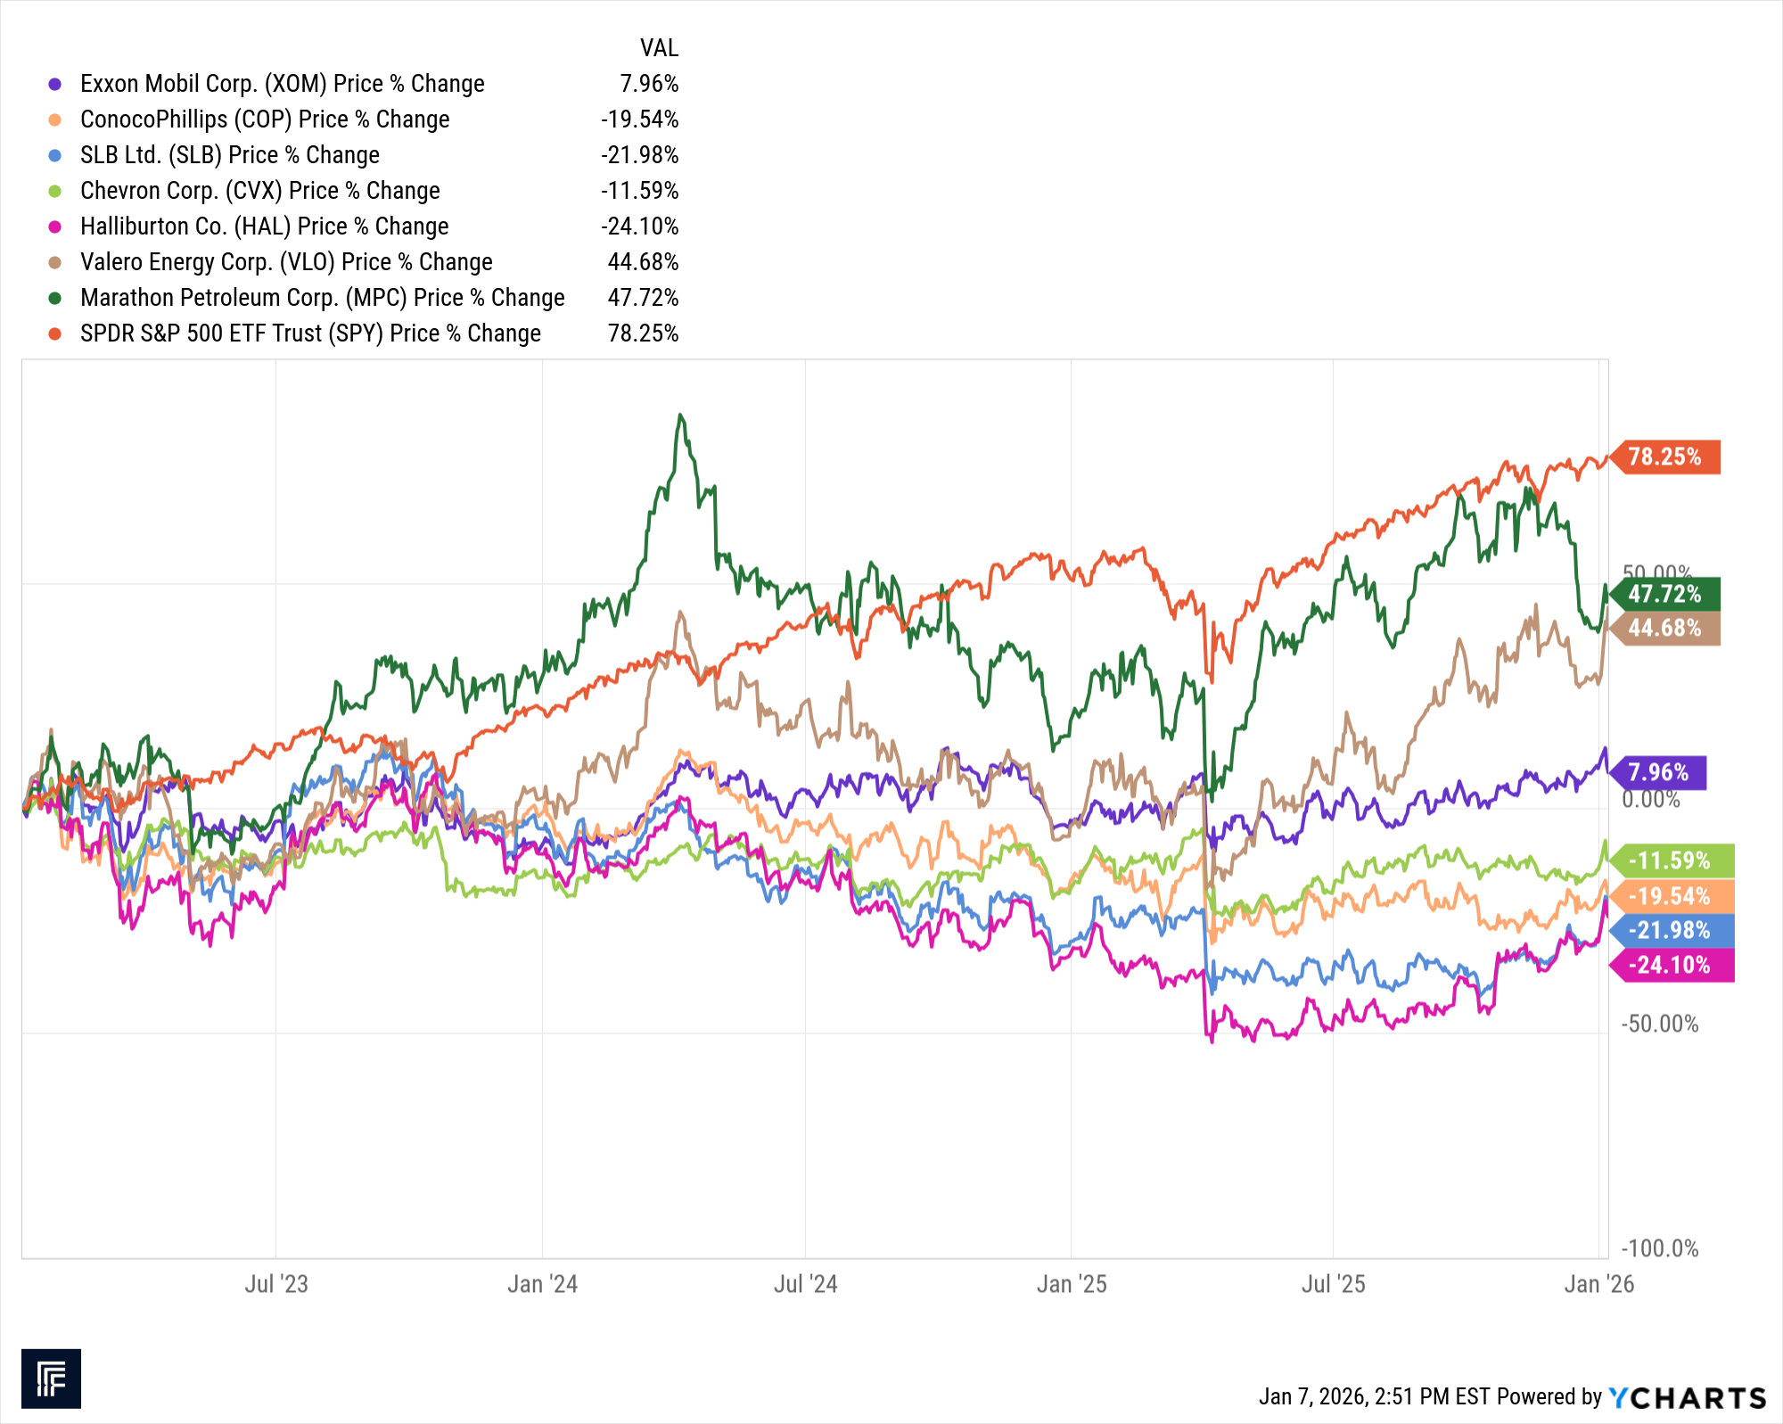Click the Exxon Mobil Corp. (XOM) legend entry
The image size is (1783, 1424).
[x=282, y=84]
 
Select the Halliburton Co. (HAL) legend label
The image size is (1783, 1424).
[x=264, y=226]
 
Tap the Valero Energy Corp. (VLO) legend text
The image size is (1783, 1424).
[x=286, y=262]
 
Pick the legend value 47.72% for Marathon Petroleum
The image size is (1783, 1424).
[x=643, y=298]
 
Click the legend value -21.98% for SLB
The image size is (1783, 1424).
[x=639, y=155]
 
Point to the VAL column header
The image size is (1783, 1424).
[x=659, y=48]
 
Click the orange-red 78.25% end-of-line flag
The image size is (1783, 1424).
[x=1665, y=457]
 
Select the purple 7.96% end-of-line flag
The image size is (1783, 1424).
[x=1658, y=772]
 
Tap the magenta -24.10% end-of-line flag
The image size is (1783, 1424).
[x=1670, y=965]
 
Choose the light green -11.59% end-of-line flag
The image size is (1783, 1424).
[x=1670, y=860]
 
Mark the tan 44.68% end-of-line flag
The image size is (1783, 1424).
[x=1665, y=629]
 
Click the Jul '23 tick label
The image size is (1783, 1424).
[x=276, y=1284]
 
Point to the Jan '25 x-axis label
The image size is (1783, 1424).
[x=1072, y=1284]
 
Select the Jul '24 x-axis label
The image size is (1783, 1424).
[x=805, y=1284]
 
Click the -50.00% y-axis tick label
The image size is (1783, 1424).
[x=1660, y=1024]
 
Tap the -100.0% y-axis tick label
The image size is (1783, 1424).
[x=1660, y=1248]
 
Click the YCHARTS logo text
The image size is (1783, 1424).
[x=1688, y=1397]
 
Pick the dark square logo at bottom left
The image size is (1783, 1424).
[x=51, y=1379]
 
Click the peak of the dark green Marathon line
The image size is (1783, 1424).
[x=680, y=416]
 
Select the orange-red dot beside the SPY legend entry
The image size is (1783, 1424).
[x=55, y=333]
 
